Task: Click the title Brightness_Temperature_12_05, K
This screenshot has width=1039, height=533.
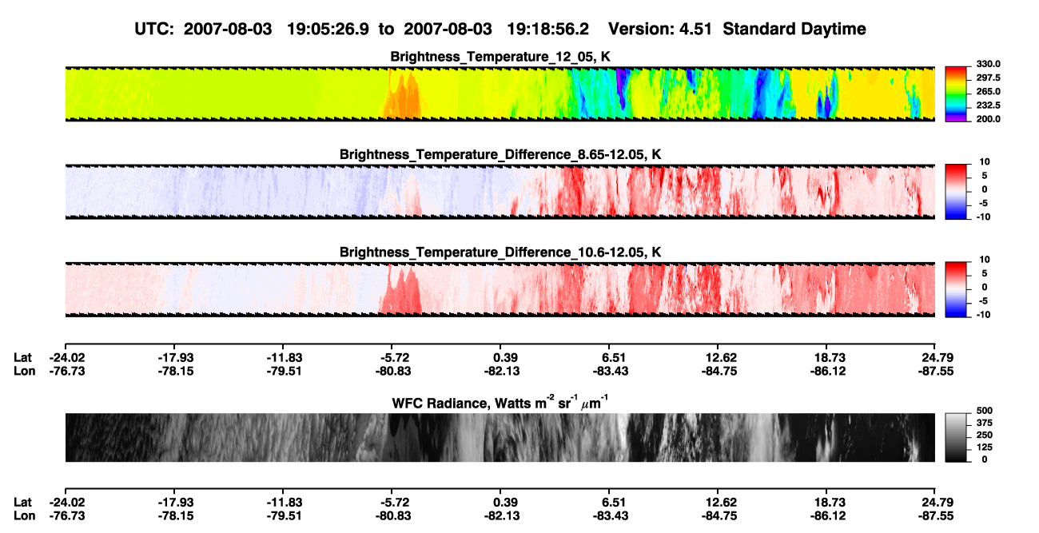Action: [x=500, y=57]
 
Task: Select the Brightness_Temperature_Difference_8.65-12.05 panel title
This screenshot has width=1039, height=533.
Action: [x=500, y=154]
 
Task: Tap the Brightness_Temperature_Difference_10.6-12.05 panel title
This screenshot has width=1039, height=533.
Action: [x=500, y=253]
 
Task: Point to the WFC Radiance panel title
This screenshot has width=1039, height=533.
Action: [x=500, y=403]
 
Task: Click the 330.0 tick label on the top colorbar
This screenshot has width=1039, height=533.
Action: [x=988, y=64]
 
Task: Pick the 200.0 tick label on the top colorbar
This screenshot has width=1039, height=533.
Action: [x=988, y=119]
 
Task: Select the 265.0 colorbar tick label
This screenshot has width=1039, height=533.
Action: [x=988, y=91]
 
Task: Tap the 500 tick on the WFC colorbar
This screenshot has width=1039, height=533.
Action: [x=984, y=411]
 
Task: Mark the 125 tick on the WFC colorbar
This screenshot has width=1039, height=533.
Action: [x=984, y=447]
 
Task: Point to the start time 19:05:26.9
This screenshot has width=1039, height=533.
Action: [x=328, y=29]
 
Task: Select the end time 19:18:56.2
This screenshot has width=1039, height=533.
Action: [x=547, y=29]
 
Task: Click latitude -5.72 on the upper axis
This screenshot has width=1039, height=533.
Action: [x=393, y=358]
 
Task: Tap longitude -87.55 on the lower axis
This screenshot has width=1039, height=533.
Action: [x=936, y=516]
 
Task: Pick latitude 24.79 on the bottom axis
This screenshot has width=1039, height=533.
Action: [x=937, y=503]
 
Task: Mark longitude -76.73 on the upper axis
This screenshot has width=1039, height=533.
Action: [x=67, y=371]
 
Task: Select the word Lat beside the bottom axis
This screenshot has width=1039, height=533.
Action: [x=22, y=503]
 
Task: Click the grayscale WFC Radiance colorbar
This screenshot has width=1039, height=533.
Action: [x=956, y=437]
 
